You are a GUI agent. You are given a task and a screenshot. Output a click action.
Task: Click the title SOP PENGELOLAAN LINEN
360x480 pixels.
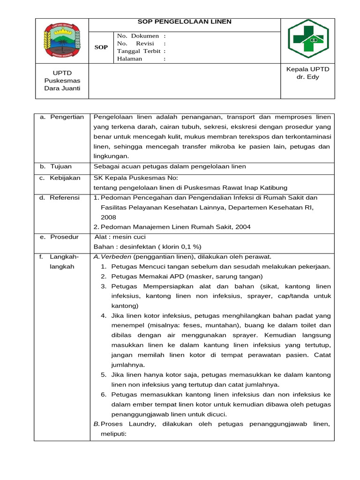pos(184,22)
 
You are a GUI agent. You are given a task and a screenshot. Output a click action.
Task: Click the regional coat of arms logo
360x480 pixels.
pos(62,42)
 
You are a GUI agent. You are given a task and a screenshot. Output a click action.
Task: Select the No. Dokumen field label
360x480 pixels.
pos(138,36)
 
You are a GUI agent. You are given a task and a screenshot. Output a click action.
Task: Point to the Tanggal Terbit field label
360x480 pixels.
pos(139,51)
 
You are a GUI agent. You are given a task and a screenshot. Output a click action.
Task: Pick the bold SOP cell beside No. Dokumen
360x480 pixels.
pos(101,47)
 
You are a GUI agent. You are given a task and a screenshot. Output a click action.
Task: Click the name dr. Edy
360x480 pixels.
pos(307,77)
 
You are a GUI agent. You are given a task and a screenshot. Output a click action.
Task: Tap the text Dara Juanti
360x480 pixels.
pos(62,89)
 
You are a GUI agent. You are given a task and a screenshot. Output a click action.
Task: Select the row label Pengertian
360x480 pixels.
pos(67,117)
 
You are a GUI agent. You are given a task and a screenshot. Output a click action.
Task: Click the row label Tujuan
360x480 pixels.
pos(61,166)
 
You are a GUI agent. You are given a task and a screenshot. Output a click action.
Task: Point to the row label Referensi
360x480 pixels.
pos(65,198)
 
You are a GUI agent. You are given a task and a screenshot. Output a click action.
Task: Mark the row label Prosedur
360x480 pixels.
pos(65,237)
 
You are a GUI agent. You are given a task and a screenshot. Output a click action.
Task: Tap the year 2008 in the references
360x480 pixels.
pos(108,217)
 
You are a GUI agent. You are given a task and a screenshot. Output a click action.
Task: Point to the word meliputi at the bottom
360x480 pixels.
pos(114,434)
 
